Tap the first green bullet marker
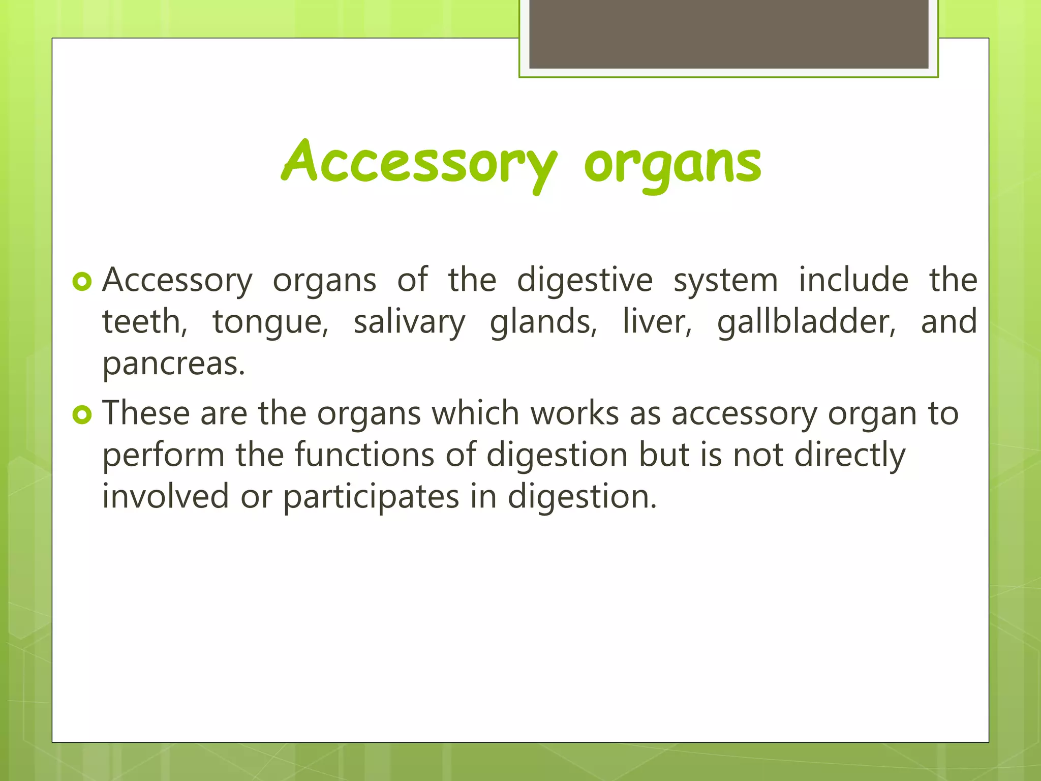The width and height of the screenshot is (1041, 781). point(82,281)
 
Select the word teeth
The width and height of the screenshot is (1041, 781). point(144,322)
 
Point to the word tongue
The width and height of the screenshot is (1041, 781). point(270,323)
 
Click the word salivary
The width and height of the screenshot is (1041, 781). point(409,323)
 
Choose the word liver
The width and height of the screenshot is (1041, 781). point(657,322)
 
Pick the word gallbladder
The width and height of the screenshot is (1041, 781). point(806,323)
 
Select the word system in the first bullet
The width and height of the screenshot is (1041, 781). point(725,281)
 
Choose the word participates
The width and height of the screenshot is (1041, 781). point(371,497)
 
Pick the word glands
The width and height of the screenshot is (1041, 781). point(543,323)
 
